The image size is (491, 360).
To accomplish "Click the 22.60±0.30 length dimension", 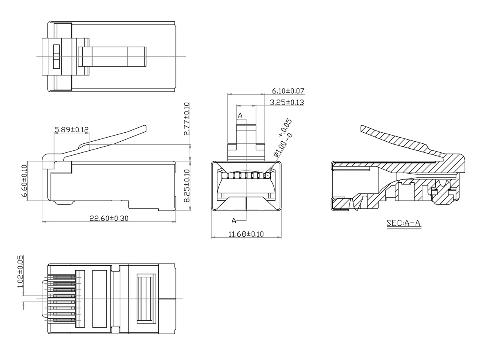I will point(109,218).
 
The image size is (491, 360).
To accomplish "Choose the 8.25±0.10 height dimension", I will point(187,186).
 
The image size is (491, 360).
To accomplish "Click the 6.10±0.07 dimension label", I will point(288,91).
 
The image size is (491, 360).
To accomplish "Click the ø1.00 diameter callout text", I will point(283,138).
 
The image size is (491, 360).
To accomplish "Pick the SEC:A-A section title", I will point(403,224).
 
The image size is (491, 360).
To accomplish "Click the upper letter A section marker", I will point(240,116).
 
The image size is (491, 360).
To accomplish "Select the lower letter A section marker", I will point(234,221).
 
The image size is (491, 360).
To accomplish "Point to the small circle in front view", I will point(268,175).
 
